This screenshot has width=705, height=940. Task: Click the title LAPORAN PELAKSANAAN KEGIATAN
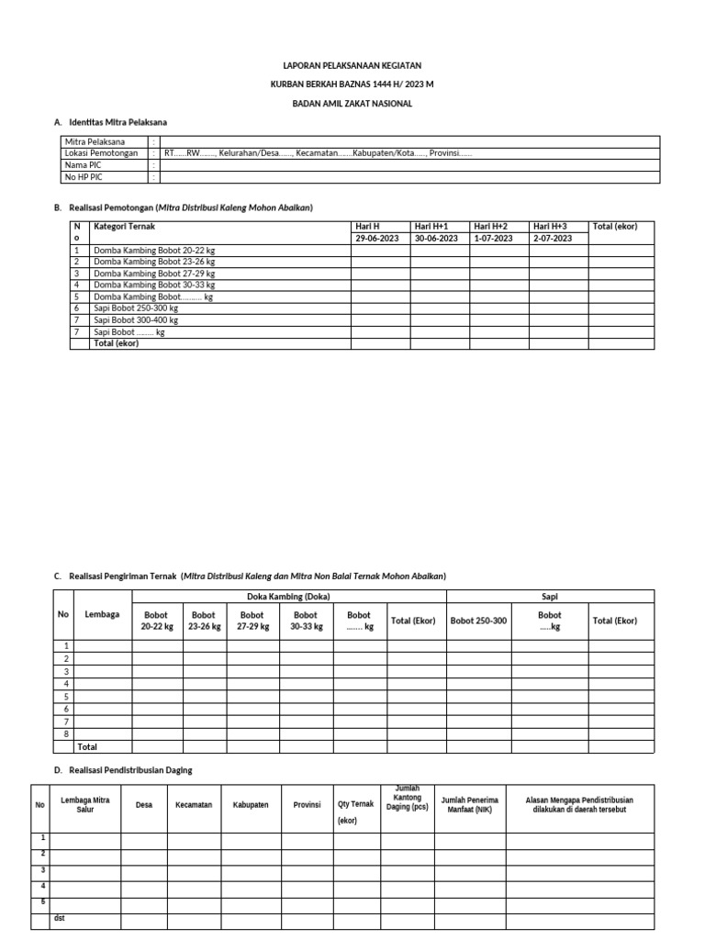point(352,66)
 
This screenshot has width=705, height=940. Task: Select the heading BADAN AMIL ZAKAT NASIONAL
point(352,104)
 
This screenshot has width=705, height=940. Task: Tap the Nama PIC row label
point(83,165)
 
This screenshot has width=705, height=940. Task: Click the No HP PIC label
point(84,177)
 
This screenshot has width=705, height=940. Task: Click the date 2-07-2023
point(553,238)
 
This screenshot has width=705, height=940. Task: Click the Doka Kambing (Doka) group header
point(288,597)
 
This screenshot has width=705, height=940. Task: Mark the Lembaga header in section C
point(102,614)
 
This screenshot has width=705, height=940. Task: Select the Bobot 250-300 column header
point(478,621)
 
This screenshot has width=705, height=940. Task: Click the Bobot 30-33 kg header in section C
point(307,621)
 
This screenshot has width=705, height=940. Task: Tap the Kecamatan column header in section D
point(194,805)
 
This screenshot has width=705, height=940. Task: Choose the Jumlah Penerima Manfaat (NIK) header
point(470,805)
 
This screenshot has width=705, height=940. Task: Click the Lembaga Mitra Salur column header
point(85,805)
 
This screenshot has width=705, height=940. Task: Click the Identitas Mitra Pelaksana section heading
point(117,122)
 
